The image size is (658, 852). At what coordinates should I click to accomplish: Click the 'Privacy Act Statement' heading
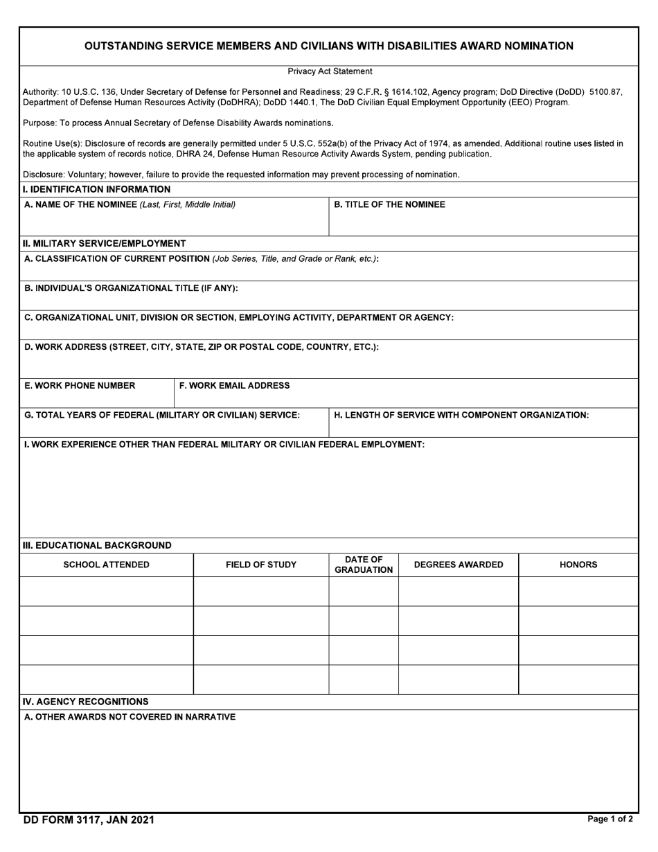(x=330, y=71)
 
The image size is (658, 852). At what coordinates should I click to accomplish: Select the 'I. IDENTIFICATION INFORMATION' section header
(x=96, y=189)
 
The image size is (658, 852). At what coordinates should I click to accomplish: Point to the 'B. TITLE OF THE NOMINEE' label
(x=389, y=204)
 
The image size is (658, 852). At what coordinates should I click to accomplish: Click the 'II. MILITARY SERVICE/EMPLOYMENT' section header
(x=104, y=243)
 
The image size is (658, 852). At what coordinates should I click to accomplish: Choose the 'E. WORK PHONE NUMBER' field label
(x=80, y=386)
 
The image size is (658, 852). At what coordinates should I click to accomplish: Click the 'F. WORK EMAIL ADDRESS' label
(x=234, y=386)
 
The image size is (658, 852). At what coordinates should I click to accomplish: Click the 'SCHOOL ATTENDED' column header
(x=106, y=565)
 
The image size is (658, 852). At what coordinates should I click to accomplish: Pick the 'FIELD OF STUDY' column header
(x=261, y=565)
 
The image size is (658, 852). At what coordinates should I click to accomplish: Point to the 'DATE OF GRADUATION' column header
(x=364, y=565)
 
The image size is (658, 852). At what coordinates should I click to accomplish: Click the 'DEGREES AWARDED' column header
(x=459, y=565)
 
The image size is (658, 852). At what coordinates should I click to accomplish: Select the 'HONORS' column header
(x=578, y=565)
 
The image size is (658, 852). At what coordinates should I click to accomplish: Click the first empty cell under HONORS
(x=578, y=592)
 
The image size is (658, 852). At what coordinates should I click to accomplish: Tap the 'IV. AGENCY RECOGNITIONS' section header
(x=86, y=702)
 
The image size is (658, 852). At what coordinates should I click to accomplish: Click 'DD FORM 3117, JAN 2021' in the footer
(x=89, y=820)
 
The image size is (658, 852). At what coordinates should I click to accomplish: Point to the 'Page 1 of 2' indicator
(x=610, y=819)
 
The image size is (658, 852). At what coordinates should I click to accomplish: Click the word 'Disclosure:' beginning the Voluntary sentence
(x=44, y=175)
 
